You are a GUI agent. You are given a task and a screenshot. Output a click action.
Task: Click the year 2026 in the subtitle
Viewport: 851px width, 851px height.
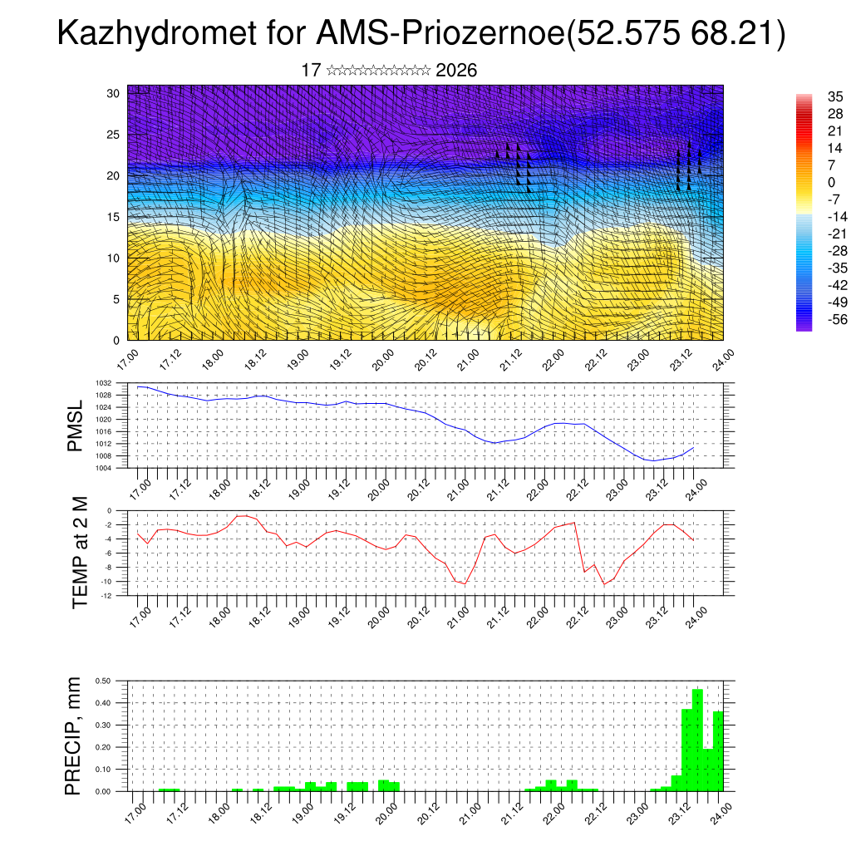(x=456, y=71)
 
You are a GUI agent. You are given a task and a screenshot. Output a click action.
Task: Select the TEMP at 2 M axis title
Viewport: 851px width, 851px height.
(x=80, y=553)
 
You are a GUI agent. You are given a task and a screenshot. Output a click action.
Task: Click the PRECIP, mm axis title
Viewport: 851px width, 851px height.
(x=76, y=735)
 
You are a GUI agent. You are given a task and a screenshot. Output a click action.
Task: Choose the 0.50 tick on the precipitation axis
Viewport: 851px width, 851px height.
(x=103, y=681)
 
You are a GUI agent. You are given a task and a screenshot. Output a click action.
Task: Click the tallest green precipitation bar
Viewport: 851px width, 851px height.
(x=697, y=740)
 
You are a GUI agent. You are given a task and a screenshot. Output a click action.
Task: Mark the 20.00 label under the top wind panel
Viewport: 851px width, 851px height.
(x=383, y=360)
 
